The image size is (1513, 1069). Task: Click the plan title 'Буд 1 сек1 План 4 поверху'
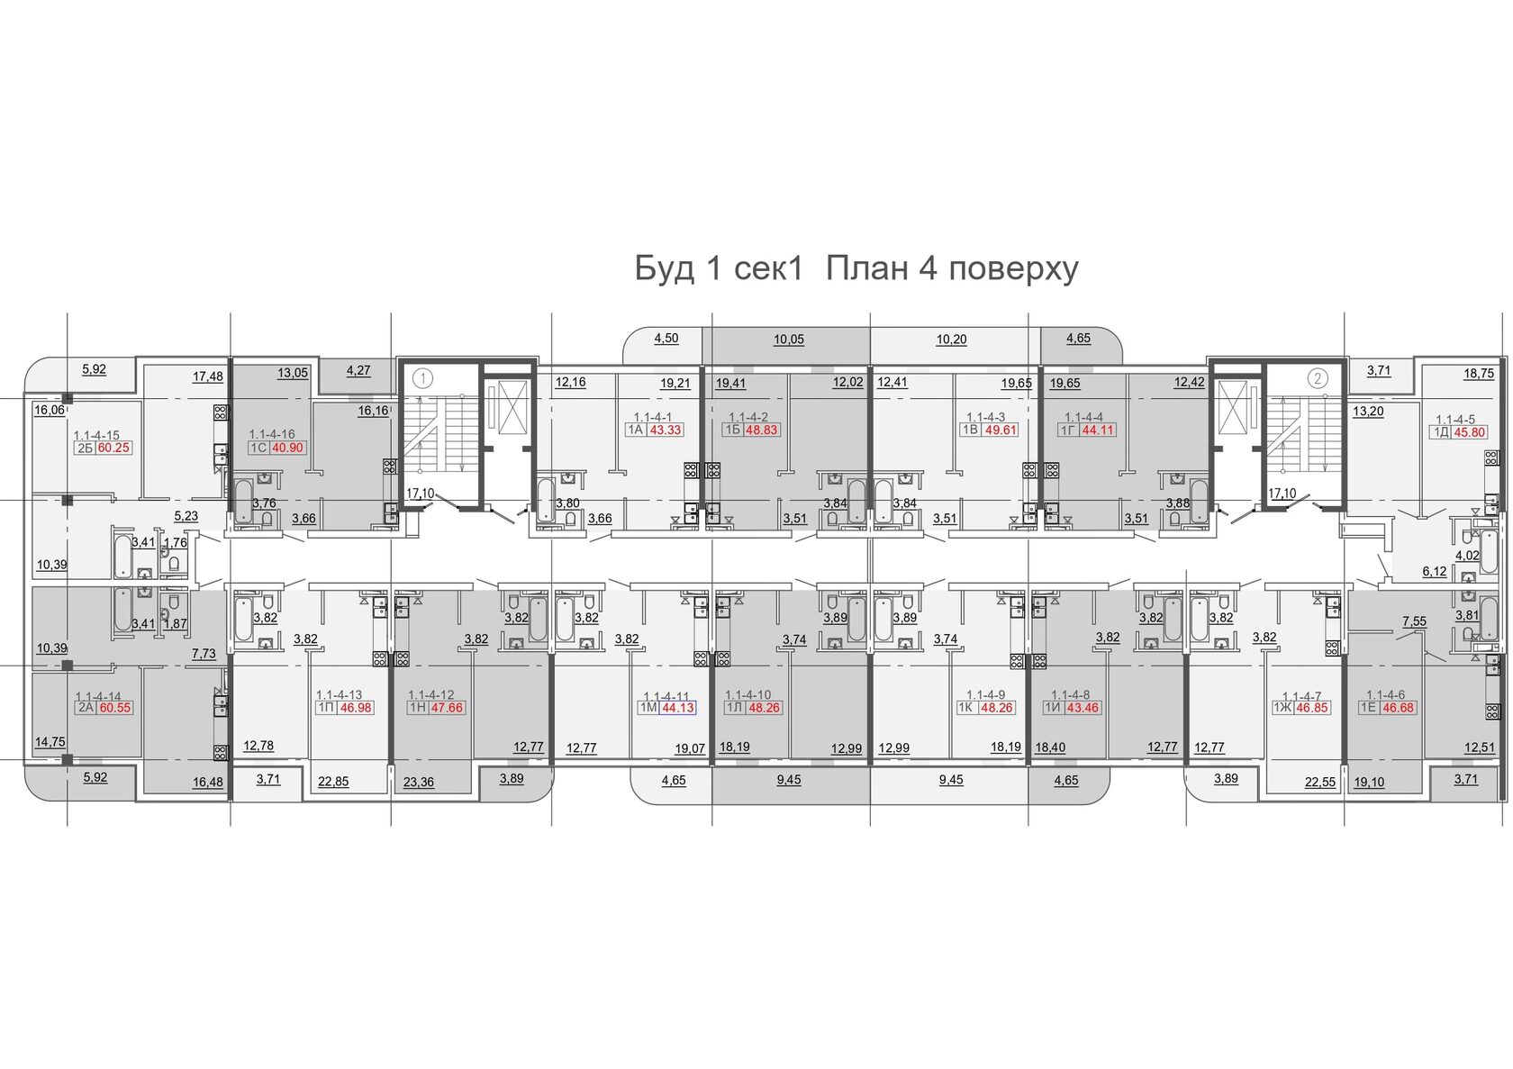coord(856,268)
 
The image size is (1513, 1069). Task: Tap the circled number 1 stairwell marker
coord(423,378)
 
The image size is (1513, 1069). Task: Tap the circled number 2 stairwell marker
coord(1317,378)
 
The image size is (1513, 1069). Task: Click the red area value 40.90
coord(288,447)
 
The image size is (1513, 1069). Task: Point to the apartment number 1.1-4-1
coord(652,417)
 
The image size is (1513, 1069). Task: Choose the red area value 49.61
coord(1001,430)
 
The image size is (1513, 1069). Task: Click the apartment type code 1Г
coord(1067,430)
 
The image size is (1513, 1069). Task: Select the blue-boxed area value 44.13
coord(677,708)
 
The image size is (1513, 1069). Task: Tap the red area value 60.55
coord(115,708)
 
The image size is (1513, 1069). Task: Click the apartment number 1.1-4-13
coord(339,695)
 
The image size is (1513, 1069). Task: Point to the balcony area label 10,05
coord(789,340)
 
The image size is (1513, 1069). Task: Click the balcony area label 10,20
coord(951,340)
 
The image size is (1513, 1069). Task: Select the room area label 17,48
coord(207,376)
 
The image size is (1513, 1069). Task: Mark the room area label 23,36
coord(419,782)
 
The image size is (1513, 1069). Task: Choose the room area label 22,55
coord(1320,782)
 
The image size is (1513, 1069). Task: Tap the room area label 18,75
coord(1479,374)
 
